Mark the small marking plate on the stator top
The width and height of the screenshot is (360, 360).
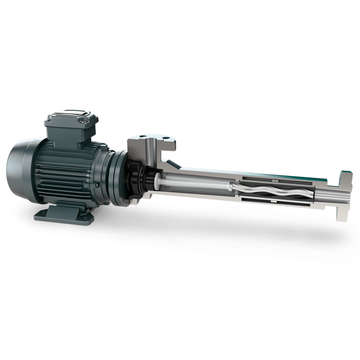275,180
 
